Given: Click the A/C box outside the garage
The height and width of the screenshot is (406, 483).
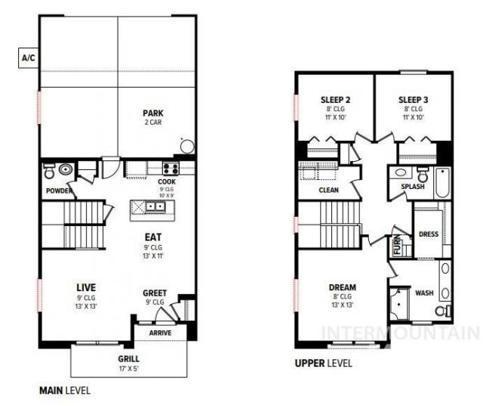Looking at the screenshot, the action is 29,57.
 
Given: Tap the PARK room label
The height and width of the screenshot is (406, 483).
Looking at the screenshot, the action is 153,113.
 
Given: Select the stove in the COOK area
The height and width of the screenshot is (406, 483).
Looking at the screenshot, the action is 171,169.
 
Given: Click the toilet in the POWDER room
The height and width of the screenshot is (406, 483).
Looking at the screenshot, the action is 49,171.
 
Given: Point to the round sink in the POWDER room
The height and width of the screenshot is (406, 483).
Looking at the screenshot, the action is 66,169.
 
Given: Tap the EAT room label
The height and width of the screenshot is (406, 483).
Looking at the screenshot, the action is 153,237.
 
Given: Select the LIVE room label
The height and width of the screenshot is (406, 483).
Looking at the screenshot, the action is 86,287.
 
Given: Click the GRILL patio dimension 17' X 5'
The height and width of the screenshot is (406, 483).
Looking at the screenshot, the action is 129,369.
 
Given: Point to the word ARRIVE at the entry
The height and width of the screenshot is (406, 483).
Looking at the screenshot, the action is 160,333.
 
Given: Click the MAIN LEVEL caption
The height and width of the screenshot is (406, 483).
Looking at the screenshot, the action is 65,391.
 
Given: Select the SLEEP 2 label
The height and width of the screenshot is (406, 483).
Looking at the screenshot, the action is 335,100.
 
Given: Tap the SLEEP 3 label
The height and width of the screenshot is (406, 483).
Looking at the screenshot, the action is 413,100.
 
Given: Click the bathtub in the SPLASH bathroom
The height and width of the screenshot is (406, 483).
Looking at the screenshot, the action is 443,183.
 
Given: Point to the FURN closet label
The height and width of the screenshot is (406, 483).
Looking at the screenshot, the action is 398,245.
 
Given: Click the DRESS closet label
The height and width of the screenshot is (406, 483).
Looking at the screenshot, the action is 429,234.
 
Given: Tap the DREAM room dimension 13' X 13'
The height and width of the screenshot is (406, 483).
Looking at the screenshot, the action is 342,305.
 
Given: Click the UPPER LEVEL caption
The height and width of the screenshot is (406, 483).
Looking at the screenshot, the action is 324,363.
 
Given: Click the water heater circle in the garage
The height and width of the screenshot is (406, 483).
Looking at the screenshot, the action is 187,146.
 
